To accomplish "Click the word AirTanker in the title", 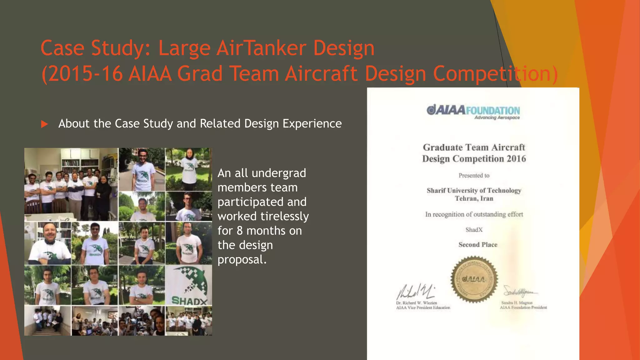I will pyautogui.click(x=261, y=48).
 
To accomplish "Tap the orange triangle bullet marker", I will pyautogui.click(x=44, y=124).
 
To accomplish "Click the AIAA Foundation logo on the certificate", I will pyautogui.click(x=473, y=111).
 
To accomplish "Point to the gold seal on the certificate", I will pyautogui.click(x=474, y=279).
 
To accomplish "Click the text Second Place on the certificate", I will pyautogui.click(x=478, y=245).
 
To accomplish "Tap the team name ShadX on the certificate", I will pyautogui.click(x=474, y=230).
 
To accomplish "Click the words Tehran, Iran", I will pyautogui.click(x=474, y=198).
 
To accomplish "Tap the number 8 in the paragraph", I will pyautogui.click(x=239, y=231).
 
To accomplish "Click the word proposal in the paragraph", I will pyautogui.click(x=240, y=259).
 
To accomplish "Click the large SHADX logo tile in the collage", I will pyautogui.click(x=189, y=285).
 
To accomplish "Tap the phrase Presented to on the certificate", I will pyautogui.click(x=474, y=176).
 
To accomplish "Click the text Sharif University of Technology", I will pyautogui.click(x=474, y=190).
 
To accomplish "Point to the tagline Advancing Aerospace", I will pyautogui.click(x=497, y=118).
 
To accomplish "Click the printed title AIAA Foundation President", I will pyautogui.click(x=523, y=307).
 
